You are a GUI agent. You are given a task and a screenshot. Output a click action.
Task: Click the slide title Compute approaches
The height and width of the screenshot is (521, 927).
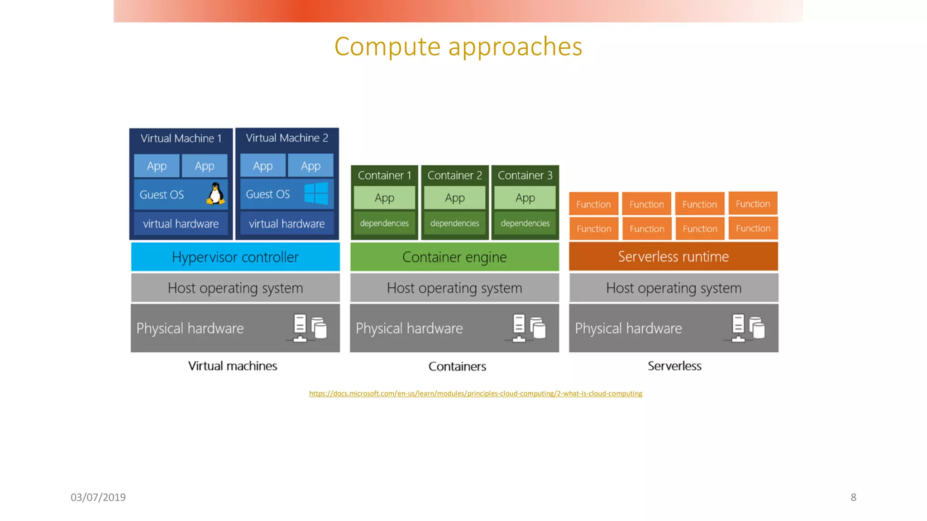(458, 47)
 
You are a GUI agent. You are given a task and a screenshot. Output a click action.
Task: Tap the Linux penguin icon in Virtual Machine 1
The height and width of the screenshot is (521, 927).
(216, 194)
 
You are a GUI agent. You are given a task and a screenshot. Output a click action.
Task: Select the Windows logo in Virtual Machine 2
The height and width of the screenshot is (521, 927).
(316, 194)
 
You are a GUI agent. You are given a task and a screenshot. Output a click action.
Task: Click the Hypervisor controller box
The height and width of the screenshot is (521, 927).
(235, 257)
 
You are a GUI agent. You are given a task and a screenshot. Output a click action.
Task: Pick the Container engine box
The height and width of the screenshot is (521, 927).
(454, 257)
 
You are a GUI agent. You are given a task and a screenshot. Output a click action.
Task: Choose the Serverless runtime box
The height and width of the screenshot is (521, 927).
(673, 256)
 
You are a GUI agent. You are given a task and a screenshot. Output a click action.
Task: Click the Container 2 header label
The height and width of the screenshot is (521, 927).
(454, 175)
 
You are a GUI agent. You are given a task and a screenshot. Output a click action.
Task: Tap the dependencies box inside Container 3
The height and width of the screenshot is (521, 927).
(525, 223)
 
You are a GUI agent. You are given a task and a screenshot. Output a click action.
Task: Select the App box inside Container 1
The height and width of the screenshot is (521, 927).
(384, 198)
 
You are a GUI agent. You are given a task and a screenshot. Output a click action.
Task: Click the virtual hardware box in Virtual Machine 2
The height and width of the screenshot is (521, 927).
(287, 224)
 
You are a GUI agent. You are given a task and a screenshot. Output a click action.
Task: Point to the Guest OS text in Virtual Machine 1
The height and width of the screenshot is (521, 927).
(162, 195)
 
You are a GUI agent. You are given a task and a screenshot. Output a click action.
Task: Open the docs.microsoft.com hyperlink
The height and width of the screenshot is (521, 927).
(475, 393)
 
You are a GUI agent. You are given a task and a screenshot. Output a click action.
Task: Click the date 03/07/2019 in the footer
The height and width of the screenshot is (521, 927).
(98, 497)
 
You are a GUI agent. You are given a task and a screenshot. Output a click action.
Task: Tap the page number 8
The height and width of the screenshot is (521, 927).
(853, 497)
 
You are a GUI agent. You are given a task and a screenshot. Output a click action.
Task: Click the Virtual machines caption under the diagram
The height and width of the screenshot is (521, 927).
(233, 366)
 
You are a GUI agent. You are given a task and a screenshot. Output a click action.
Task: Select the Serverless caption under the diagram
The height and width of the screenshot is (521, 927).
(674, 366)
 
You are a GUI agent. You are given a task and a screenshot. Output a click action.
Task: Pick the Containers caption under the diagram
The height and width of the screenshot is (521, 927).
(457, 366)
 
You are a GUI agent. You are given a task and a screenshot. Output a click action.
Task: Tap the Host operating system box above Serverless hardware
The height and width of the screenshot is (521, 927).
(674, 288)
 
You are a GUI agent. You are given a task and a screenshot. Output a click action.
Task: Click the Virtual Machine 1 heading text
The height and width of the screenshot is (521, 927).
(181, 138)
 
